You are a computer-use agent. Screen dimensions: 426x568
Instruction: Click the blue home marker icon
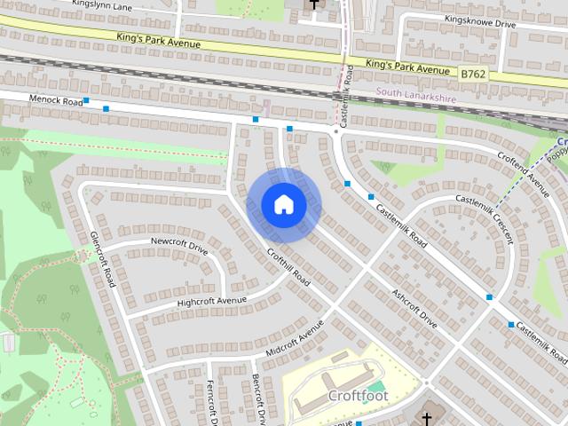(283, 205)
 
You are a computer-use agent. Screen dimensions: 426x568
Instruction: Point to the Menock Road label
(55, 101)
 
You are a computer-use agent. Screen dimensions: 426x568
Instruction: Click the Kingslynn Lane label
(105, 6)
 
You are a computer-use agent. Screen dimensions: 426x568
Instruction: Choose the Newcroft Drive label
(178, 245)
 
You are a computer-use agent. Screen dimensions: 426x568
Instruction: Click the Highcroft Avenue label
(211, 301)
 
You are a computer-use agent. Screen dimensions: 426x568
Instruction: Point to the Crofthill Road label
(288, 268)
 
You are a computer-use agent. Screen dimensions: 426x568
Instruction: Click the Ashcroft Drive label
(414, 307)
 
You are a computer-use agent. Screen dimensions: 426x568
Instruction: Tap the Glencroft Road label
(103, 259)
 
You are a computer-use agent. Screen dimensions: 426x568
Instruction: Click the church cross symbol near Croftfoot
(427, 418)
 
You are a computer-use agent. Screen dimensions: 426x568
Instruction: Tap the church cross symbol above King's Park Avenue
(313, 5)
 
